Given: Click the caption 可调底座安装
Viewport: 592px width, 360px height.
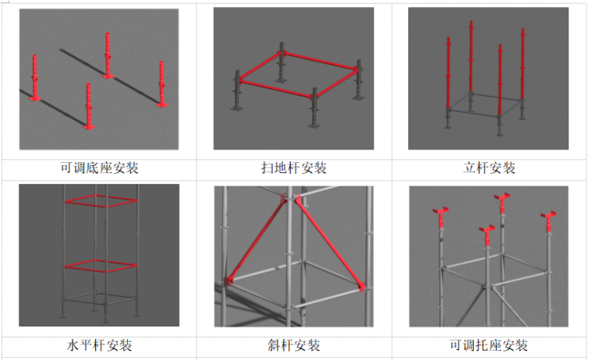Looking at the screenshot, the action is [99, 168].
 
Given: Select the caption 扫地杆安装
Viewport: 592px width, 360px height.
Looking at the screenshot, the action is [294, 168].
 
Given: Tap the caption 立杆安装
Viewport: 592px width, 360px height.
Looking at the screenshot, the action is [489, 168].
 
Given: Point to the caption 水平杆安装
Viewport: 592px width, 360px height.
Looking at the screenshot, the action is [99, 345].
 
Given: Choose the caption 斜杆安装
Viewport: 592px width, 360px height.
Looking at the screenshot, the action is [294, 345].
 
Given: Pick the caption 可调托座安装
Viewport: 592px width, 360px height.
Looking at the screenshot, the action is [488, 345].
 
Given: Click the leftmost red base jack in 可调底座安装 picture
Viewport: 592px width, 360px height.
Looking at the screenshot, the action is [35, 78].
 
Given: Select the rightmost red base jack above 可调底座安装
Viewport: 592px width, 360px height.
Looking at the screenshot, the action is [161, 84].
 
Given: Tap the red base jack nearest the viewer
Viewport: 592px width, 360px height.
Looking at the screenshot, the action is [89, 107].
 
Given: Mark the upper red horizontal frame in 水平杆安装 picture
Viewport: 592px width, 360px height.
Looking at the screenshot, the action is [101, 200].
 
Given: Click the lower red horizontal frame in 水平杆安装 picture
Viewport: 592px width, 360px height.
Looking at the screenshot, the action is [101, 266].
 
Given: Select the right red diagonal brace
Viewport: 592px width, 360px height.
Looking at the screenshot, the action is [330, 242].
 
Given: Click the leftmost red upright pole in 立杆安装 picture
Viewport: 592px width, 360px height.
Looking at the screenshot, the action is [448, 72].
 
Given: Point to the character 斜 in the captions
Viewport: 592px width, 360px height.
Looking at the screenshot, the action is [273, 345].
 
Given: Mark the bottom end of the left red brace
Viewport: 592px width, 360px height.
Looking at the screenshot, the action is [228, 281].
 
